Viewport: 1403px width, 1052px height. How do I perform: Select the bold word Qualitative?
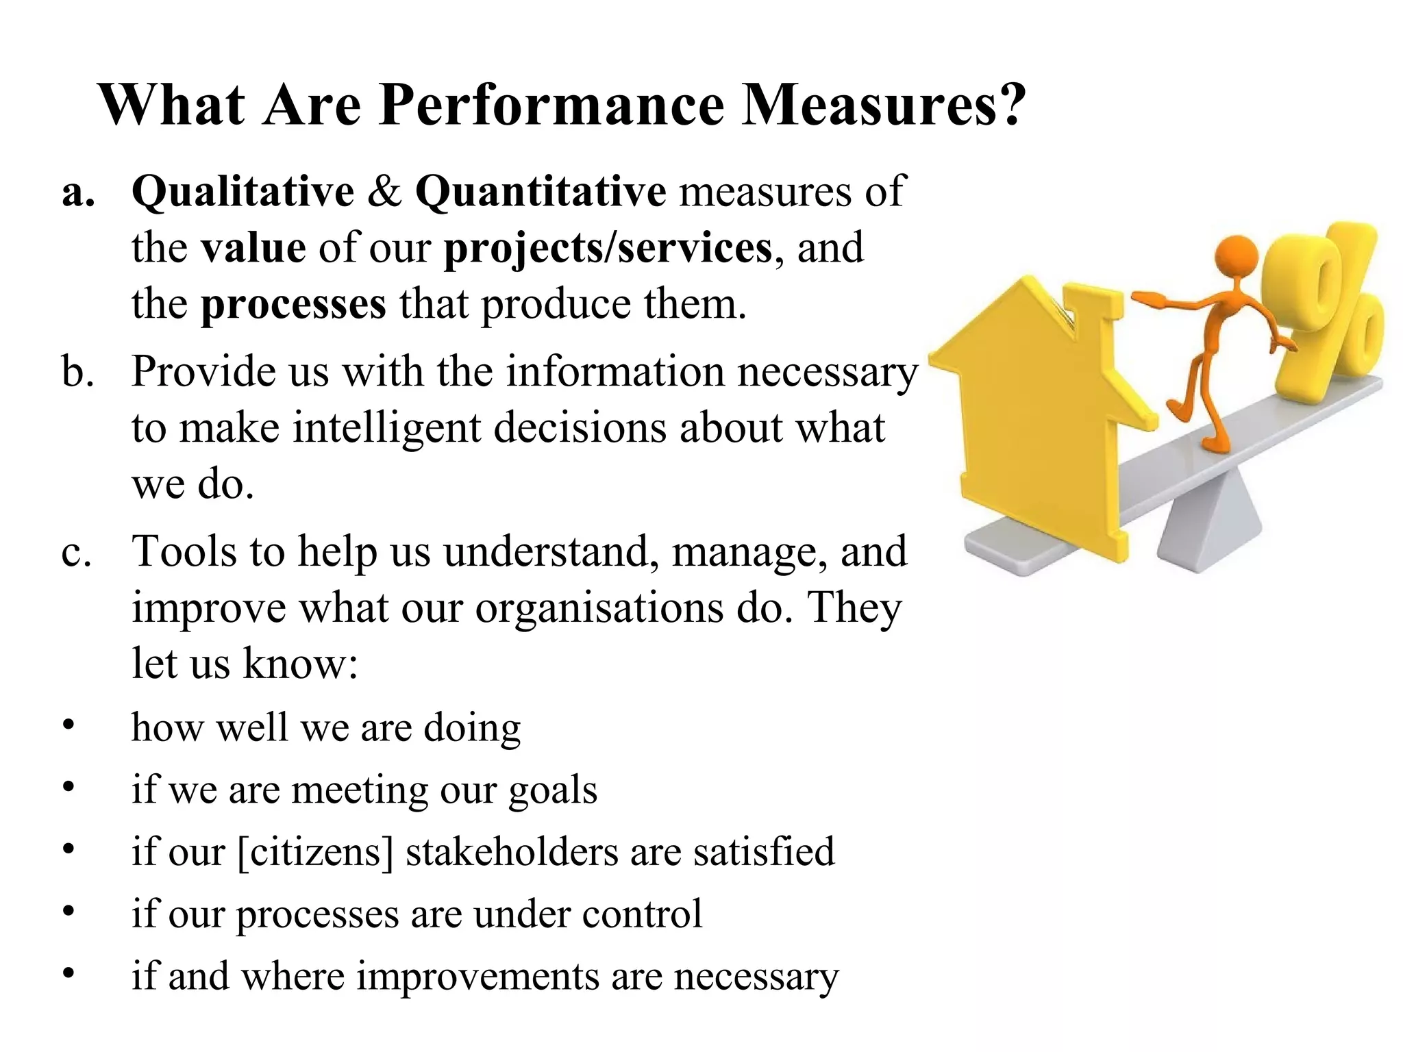243,191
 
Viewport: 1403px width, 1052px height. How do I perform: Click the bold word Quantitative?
541,191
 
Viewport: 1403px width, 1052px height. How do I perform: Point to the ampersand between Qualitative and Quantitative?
384,191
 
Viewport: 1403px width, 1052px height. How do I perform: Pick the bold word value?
253,247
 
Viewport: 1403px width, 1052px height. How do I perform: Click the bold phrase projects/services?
608,247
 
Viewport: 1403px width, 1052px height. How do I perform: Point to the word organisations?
599,608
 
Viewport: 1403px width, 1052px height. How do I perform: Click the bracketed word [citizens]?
316,852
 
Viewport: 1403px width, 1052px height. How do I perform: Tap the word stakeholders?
511,852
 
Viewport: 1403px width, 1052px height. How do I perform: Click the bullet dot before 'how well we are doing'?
68,725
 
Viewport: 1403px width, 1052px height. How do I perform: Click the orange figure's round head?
1236,257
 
